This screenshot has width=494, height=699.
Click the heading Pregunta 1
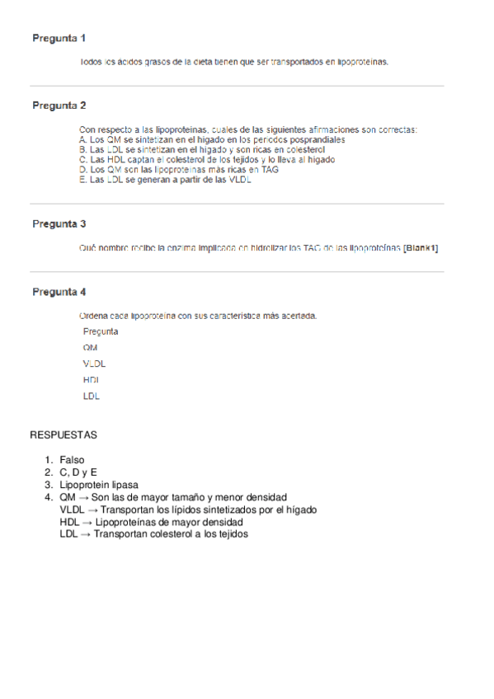pyautogui.click(x=59, y=38)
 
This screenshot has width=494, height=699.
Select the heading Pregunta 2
pyautogui.click(x=59, y=106)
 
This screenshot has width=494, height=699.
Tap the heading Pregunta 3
pyautogui.click(x=59, y=223)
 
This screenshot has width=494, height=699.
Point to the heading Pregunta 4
pyautogui.click(x=59, y=292)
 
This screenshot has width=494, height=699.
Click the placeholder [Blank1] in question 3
pyautogui.click(x=421, y=247)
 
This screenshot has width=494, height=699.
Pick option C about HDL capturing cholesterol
pyautogui.click(x=207, y=160)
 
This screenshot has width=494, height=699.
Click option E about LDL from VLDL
pyautogui.click(x=165, y=180)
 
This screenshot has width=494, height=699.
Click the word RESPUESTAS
pyautogui.click(x=64, y=434)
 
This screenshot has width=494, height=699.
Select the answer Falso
pyautogui.click(x=72, y=460)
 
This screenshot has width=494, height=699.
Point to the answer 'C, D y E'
pyautogui.click(x=78, y=472)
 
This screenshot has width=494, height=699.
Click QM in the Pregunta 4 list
pyautogui.click(x=90, y=348)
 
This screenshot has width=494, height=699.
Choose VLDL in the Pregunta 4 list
pyautogui.click(x=94, y=364)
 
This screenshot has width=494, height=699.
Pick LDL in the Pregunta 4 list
pyautogui.click(x=91, y=396)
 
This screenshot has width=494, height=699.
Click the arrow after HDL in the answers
pyautogui.click(x=87, y=522)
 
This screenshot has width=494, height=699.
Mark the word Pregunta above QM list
pyautogui.click(x=100, y=331)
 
